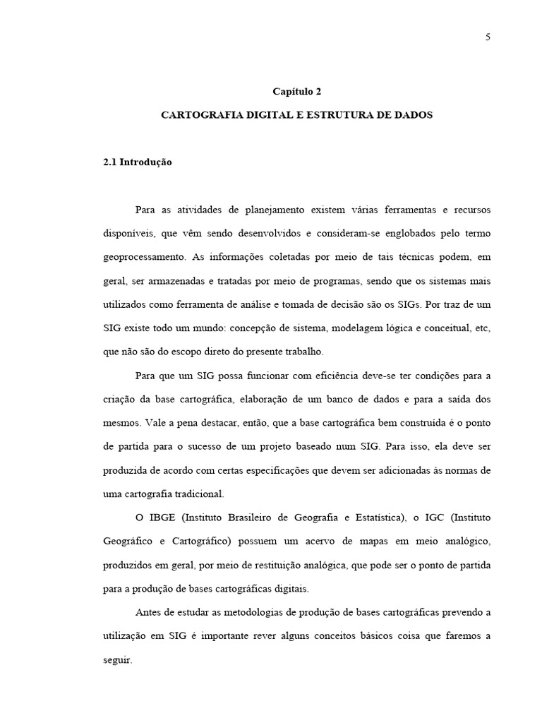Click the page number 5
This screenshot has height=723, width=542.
(x=488, y=37)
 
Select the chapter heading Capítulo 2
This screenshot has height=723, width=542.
(x=296, y=91)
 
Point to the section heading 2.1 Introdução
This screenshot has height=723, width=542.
(x=138, y=162)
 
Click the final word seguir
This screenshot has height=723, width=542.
(x=117, y=659)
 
